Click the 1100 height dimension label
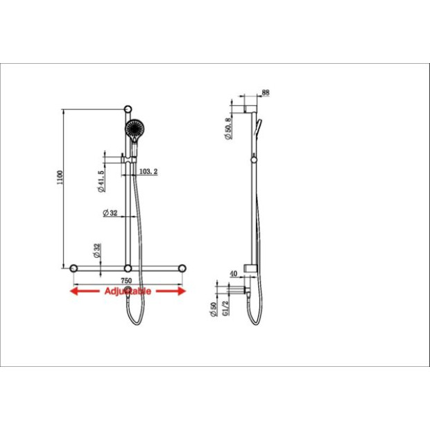60,178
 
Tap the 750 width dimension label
126,281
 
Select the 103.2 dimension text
148,172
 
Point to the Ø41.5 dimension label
101,181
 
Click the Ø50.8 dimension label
228,128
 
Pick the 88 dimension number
266,93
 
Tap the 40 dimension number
233,274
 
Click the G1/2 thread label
225,308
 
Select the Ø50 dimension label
213,309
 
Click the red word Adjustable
128,291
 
